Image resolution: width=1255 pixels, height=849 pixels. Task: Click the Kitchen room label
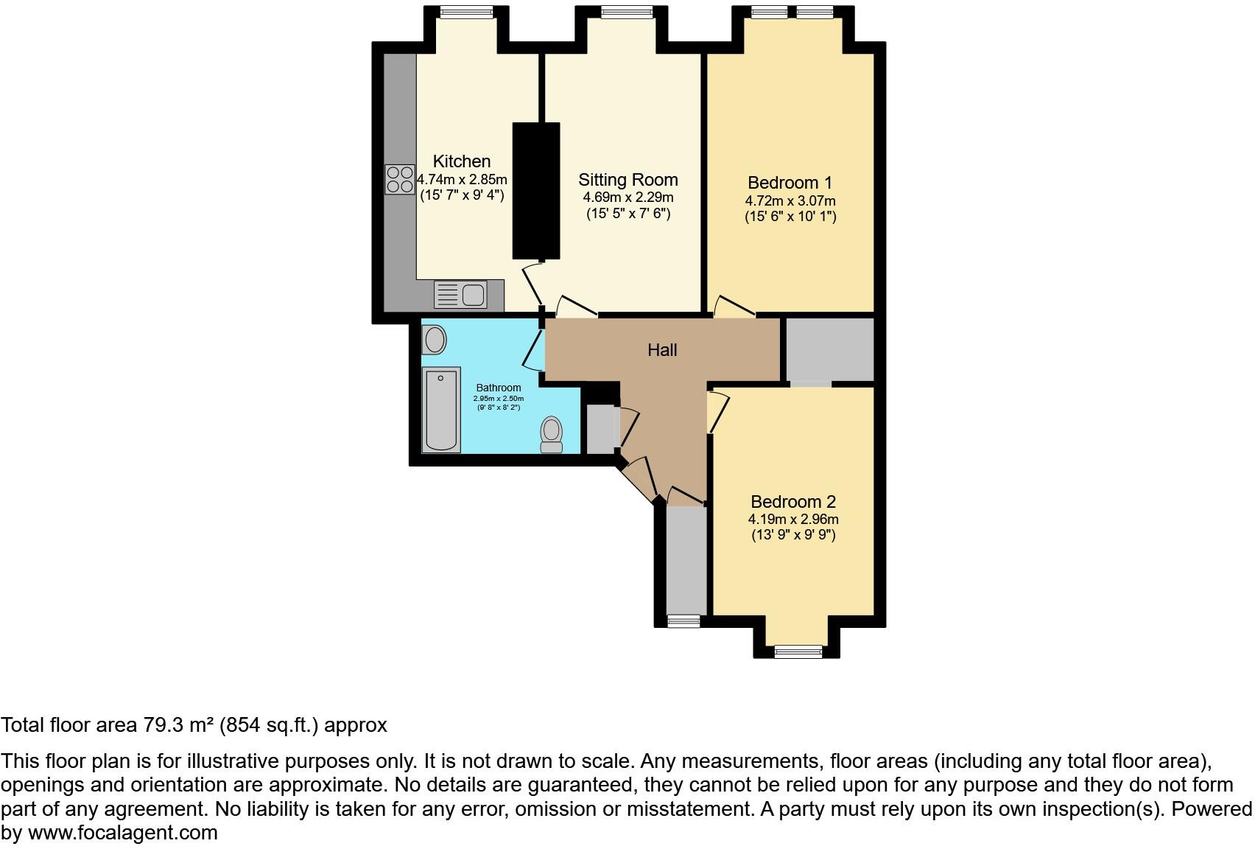(461, 161)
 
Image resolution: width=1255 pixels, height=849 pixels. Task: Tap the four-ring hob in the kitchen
(399, 179)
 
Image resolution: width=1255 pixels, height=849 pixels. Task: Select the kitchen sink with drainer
(460, 295)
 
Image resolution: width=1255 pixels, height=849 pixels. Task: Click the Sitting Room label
(627, 180)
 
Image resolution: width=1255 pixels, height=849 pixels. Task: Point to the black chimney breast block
(535, 190)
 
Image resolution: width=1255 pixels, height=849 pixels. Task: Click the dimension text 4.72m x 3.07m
(790, 200)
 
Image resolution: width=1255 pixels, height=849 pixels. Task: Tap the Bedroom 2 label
(793, 502)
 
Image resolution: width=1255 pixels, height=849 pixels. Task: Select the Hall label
(662, 350)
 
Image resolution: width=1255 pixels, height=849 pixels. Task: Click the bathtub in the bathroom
(441, 410)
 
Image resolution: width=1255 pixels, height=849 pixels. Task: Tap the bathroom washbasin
(435, 340)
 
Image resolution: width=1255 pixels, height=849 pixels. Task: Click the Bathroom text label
(499, 388)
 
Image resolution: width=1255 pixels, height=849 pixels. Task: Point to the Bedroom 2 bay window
(798, 651)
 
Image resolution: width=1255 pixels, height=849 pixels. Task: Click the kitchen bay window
(466, 11)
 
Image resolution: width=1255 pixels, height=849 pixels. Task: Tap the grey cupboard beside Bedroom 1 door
(829, 349)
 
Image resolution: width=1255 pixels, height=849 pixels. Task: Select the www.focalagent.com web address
(123, 833)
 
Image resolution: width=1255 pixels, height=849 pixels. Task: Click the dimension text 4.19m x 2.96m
(793, 519)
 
